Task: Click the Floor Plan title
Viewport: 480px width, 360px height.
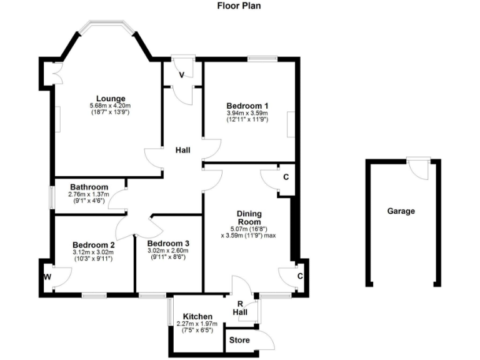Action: (239, 6)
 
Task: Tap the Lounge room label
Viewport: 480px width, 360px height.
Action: (111, 98)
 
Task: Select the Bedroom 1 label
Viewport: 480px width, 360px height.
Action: (247, 105)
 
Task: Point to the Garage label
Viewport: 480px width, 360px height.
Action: (401, 211)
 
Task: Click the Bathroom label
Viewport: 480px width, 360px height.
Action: (89, 187)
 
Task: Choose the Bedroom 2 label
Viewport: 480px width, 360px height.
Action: (93, 244)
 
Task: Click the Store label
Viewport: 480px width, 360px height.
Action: (239, 341)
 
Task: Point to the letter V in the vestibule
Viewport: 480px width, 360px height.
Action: (181, 75)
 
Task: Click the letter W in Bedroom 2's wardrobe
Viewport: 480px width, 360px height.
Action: (47, 276)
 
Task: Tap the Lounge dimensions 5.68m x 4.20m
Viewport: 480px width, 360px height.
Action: (109, 106)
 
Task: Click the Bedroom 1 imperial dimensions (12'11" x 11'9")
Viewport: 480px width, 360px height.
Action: (247, 119)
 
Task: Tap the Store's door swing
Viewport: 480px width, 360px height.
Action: (266, 339)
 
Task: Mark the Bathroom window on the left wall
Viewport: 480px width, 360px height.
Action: (52, 196)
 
